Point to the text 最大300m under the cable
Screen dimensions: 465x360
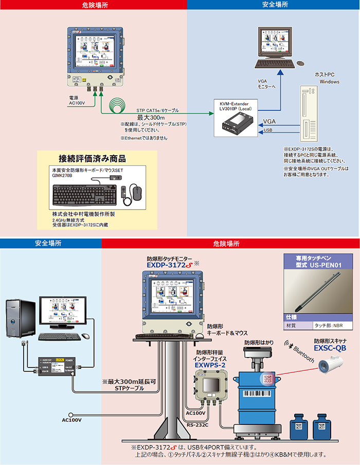click(151, 118)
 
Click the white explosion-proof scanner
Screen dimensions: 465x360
click(330, 366)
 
